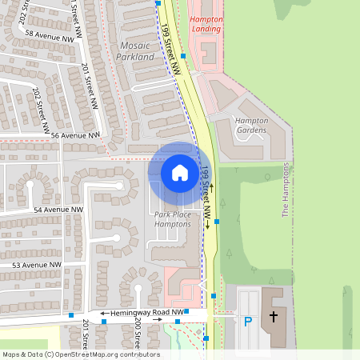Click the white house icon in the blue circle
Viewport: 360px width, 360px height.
click(x=180, y=172)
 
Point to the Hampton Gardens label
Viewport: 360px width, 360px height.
click(x=250, y=125)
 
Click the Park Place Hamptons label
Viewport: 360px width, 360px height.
click(x=172, y=220)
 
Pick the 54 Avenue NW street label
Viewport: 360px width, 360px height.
click(x=58, y=210)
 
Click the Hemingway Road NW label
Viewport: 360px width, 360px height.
click(x=148, y=313)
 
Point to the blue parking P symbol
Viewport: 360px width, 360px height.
click(x=248, y=322)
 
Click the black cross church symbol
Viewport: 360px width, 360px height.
click(x=273, y=317)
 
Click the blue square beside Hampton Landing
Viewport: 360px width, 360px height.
click(x=183, y=56)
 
